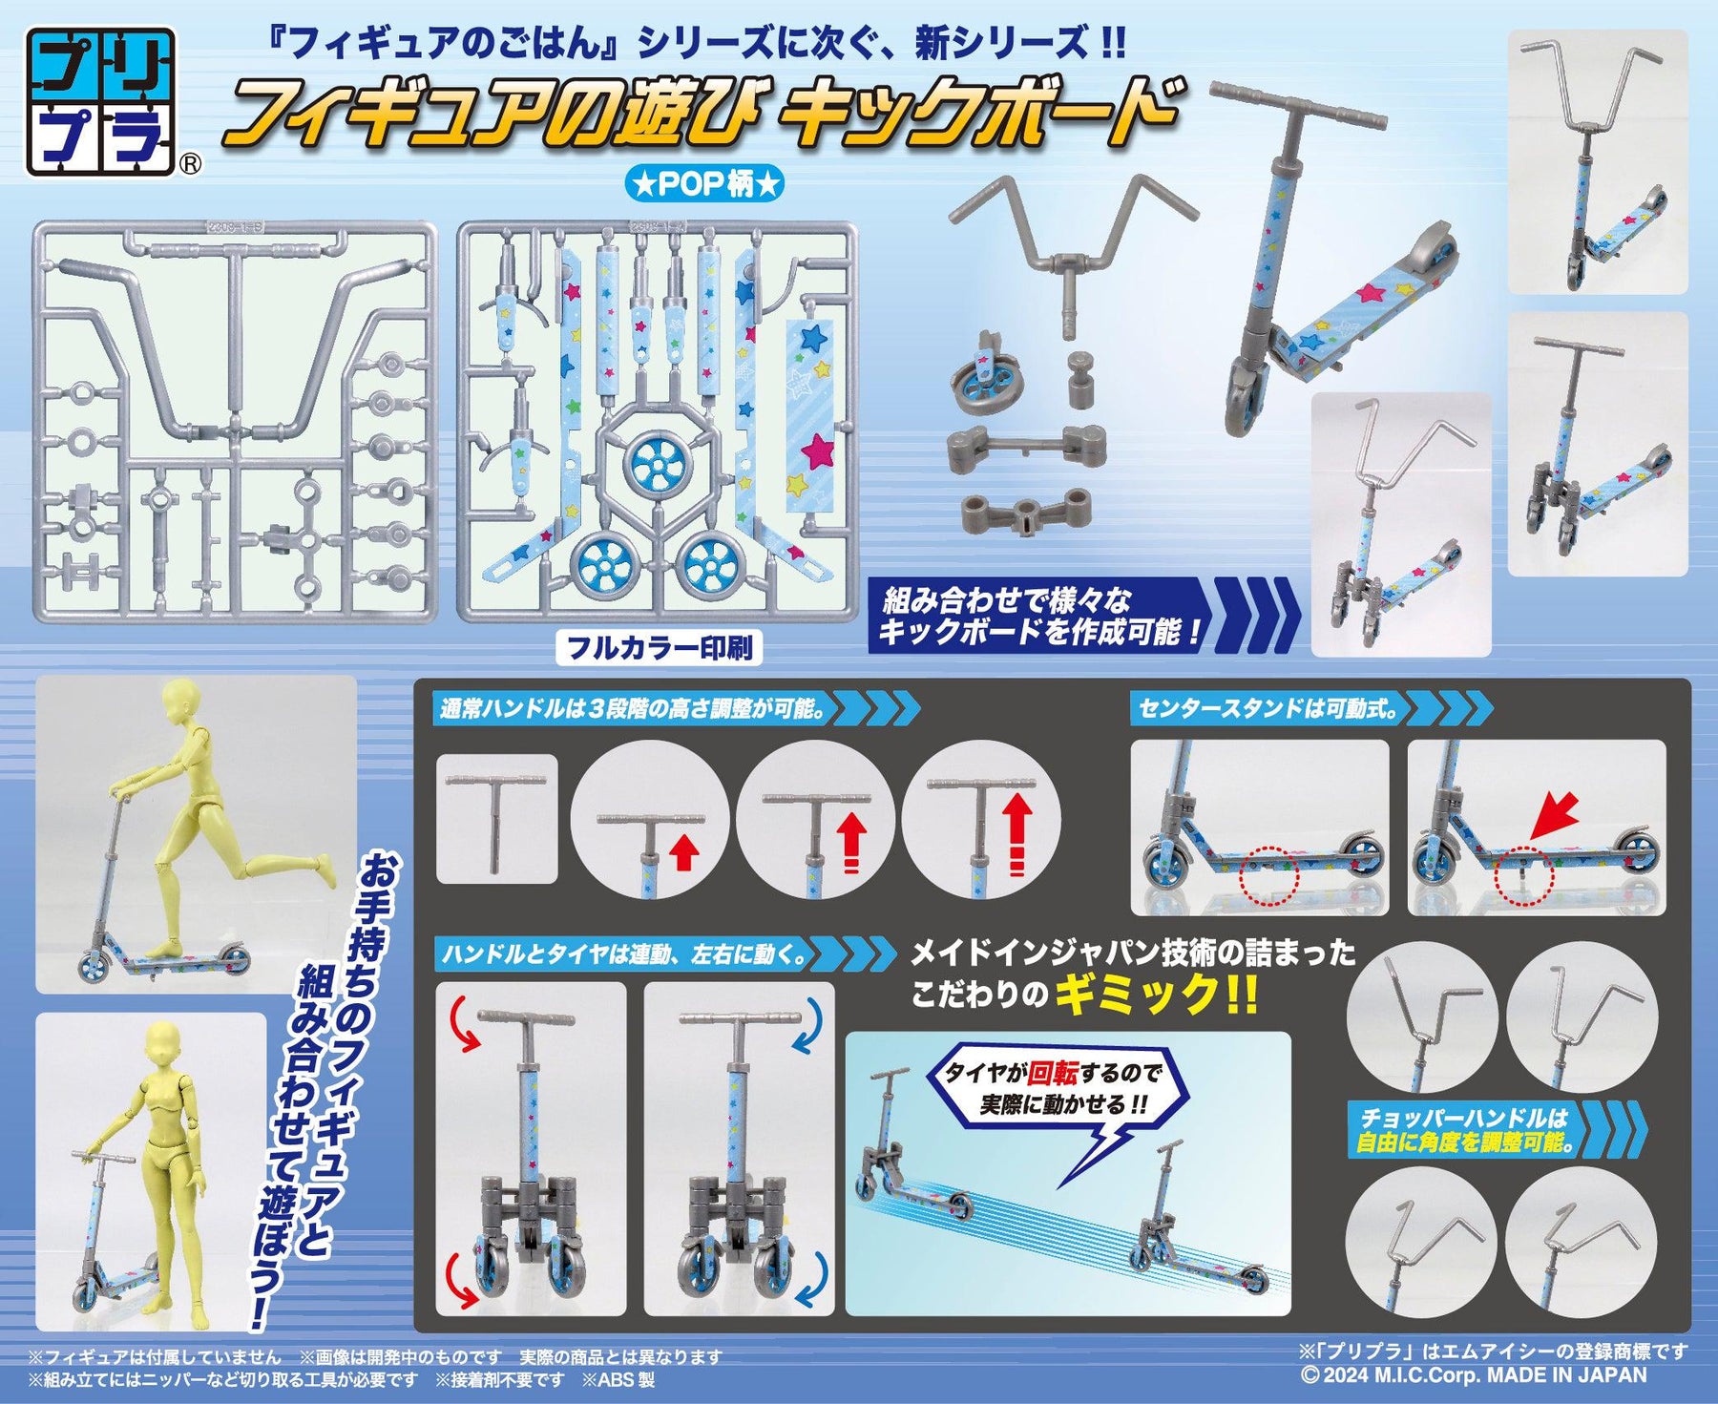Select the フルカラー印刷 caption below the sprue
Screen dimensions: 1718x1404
660,648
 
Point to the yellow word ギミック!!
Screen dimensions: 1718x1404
1156,996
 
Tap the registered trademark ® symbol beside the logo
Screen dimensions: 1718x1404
191,165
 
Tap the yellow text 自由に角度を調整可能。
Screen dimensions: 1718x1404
1465,1142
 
